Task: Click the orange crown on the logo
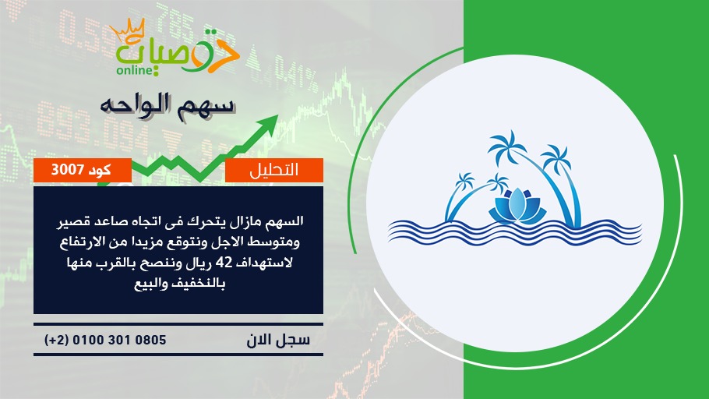tap(127, 30)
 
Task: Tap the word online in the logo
tap(134, 70)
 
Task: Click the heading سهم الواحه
tap(168, 106)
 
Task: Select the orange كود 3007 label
tap(83, 170)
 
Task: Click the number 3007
tap(67, 170)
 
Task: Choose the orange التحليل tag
tap(274, 170)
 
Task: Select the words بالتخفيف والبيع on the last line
tap(179, 284)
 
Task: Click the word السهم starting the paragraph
tap(285, 221)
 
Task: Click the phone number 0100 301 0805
tap(119, 340)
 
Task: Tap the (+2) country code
tap(57, 340)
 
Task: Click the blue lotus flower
tap(517, 206)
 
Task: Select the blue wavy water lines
tap(514, 232)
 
